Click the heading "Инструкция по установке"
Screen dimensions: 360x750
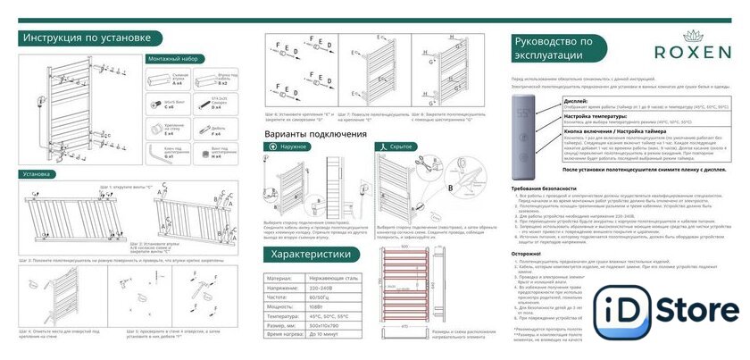pyautogui.click(x=92, y=39)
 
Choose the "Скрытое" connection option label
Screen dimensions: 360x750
pyautogui.click(x=404, y=146)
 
